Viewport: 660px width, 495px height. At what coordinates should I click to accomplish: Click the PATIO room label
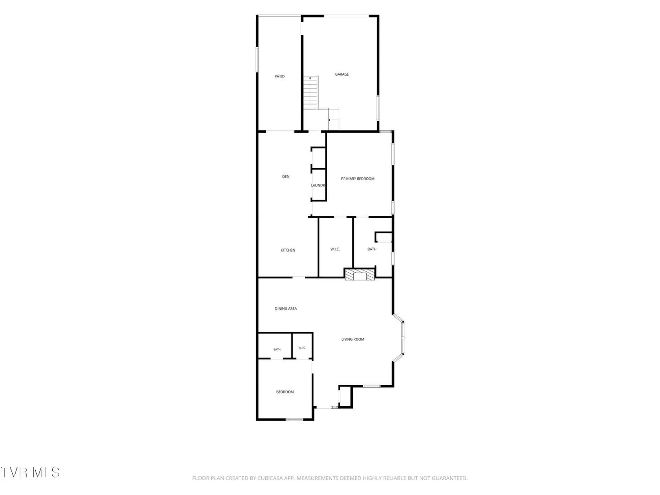(x=279, y=77)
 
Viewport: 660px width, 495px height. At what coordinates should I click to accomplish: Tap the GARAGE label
(x=342, y=74)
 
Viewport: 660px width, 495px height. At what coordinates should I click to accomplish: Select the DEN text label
(x=286, y=177)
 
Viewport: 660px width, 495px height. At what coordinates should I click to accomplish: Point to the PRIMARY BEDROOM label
(x=357, y=179)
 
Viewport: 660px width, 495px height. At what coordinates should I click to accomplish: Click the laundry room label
(x=318, y=186)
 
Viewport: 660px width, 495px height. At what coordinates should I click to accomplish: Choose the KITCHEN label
(x=288, y=250)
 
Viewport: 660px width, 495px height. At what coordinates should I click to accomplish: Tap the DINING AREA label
(x=286, y=308)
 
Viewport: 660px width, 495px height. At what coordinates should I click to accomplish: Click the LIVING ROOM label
(x=353, y=339)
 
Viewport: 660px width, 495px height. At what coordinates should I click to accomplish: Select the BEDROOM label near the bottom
(x=285, y=392)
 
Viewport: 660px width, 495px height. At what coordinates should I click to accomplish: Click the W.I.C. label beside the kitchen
(x=335, y=249)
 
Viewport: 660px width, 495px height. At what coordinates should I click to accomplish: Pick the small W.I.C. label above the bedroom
(x=302, y=348)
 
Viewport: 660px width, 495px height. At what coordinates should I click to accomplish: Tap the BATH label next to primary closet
(x=372, y=249)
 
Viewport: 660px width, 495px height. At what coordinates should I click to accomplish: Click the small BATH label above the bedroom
(x=277, y=350)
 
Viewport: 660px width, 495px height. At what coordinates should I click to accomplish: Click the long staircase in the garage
(x=310, y=93)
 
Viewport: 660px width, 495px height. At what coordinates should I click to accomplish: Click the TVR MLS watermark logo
(x=30, y=473)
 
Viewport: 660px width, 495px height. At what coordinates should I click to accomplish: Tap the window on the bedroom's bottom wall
(x=294, y=419)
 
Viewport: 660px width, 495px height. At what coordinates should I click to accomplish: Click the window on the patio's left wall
(x=257, y=60)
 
